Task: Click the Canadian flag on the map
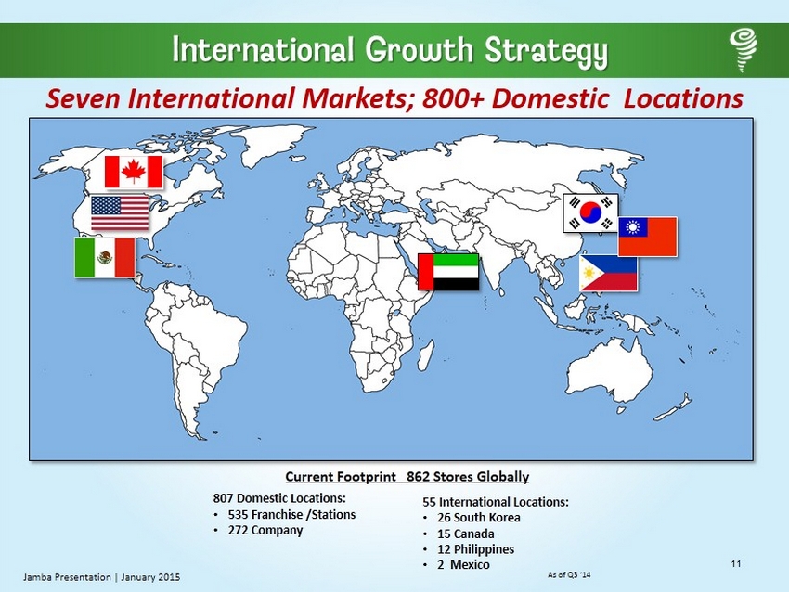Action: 134,172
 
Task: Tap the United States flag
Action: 120,212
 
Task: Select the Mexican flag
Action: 105,258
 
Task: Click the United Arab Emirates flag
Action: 448,272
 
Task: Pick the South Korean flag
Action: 590,212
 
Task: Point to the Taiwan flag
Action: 647,237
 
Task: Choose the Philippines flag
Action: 608,273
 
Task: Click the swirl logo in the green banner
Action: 744,50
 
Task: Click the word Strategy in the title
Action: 547,51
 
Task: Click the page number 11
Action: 736,563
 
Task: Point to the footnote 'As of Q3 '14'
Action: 569,574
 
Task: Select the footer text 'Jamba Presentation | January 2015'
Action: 101,577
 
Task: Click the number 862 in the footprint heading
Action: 419,476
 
